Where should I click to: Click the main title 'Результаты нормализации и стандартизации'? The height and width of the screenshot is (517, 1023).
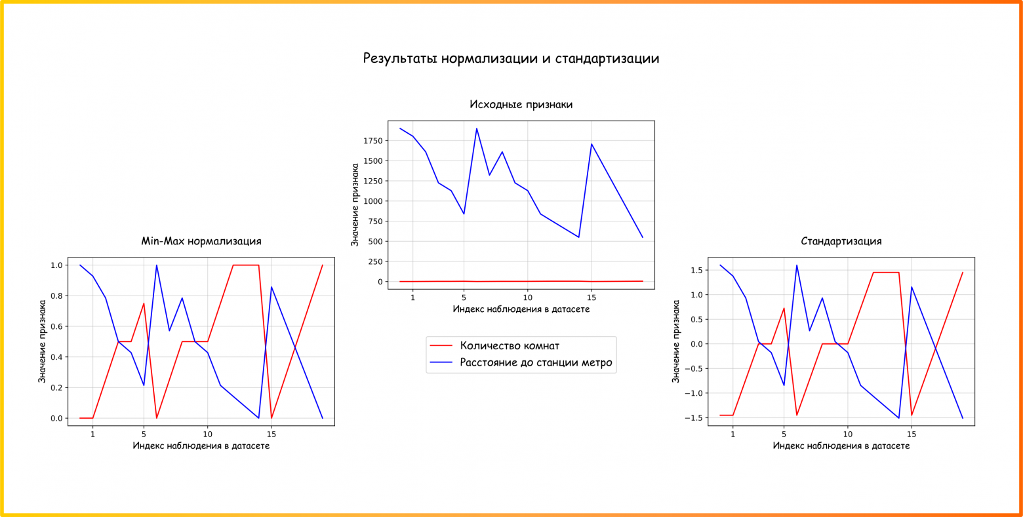coord(511,58)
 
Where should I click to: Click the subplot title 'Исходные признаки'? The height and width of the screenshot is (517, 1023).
coord(521,104)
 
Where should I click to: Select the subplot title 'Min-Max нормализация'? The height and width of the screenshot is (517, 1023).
coord(201,241)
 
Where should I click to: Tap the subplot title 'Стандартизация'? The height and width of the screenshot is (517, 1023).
coord(841,241)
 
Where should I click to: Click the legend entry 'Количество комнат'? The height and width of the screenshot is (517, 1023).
coord(509,345)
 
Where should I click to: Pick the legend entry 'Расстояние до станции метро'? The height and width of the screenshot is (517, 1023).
coord(535,362)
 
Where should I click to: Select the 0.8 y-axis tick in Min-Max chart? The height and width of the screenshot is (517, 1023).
coord(56,296)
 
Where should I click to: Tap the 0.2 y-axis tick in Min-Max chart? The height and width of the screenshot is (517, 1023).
coord(56,388)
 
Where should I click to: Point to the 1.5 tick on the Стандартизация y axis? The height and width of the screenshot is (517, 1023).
coord(696,270)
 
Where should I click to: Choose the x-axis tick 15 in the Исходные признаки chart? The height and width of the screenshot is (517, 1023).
coord(592,297)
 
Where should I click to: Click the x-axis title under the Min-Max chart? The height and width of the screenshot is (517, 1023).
coord(201,446)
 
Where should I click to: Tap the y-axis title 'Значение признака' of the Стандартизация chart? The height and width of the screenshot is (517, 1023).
coord(676,341)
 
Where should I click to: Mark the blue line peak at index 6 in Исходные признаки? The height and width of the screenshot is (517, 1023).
coord(477,128)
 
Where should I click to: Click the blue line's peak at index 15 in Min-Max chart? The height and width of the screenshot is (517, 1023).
coord(271,287)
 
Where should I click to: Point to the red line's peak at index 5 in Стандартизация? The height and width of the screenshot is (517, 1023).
coord(784,308)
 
